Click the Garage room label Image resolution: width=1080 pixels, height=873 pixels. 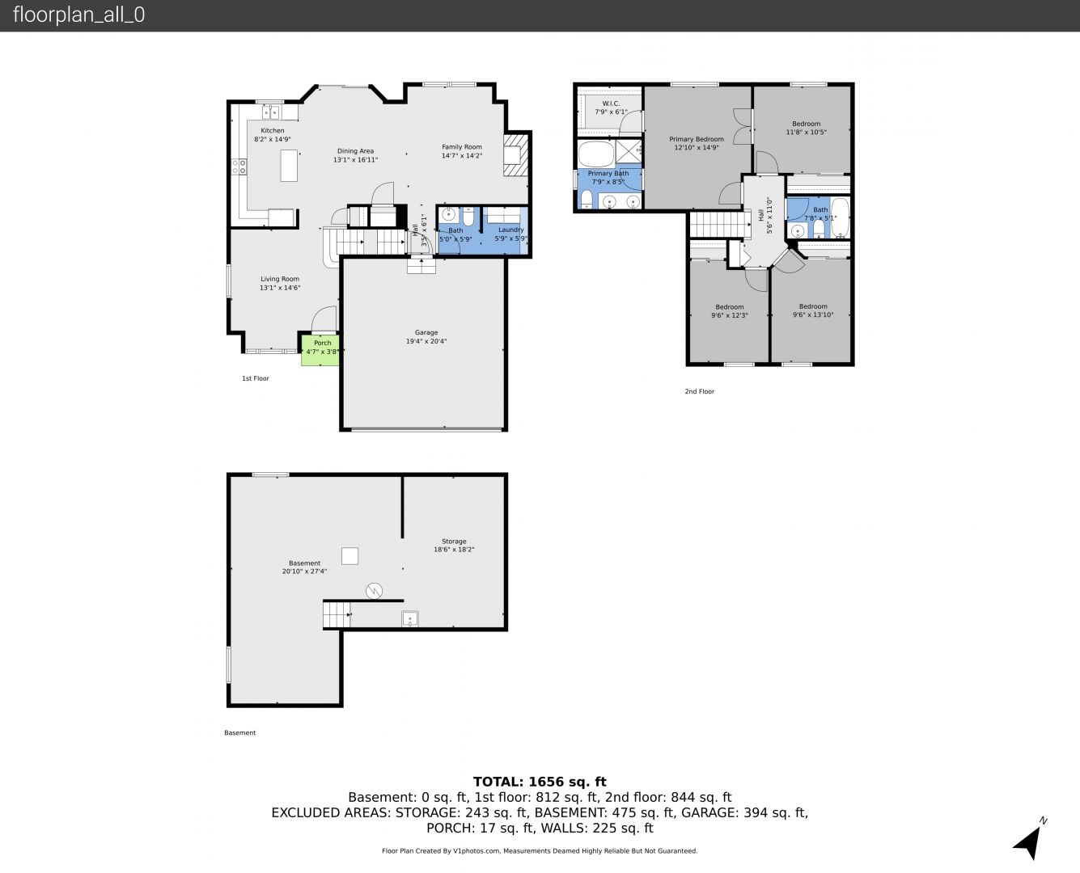[x=426, y=337]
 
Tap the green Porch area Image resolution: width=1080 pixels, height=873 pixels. [x=320, y=349]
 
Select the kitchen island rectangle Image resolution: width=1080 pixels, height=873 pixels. [x=289, y=165]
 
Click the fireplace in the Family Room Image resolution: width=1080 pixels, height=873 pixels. [x=515, y=154]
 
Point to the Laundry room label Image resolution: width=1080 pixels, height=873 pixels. [x=510, y=234]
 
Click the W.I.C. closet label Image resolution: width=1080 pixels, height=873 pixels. [x=611, y=108]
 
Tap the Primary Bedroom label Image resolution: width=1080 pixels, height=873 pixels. [x=697, y=143]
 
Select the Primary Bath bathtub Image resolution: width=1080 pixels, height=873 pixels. [x=596, y=154]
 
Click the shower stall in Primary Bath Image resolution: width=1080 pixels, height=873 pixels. [x=629, y=151]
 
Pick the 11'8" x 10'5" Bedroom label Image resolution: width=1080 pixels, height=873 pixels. [x=807, y=128]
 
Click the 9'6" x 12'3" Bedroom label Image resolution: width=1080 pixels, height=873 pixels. [x=730, y=311]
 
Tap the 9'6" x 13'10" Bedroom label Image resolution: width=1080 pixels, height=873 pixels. [x=813, y=310]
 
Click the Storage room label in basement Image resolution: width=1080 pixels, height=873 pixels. [x=454, y=545]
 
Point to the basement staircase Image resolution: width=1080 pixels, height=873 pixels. [x=337, y=614]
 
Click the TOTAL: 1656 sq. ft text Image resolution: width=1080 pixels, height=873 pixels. [x=540, y=782]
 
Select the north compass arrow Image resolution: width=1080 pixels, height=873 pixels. [x=1029, y=841]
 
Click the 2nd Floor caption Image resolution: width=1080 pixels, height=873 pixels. [x=699, y=391]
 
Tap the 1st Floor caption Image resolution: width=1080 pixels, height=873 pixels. [x=255, y=378]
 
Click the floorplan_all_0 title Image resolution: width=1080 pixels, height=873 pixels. [x=79, y=15]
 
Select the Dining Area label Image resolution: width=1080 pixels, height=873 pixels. [x=355, y=155]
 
